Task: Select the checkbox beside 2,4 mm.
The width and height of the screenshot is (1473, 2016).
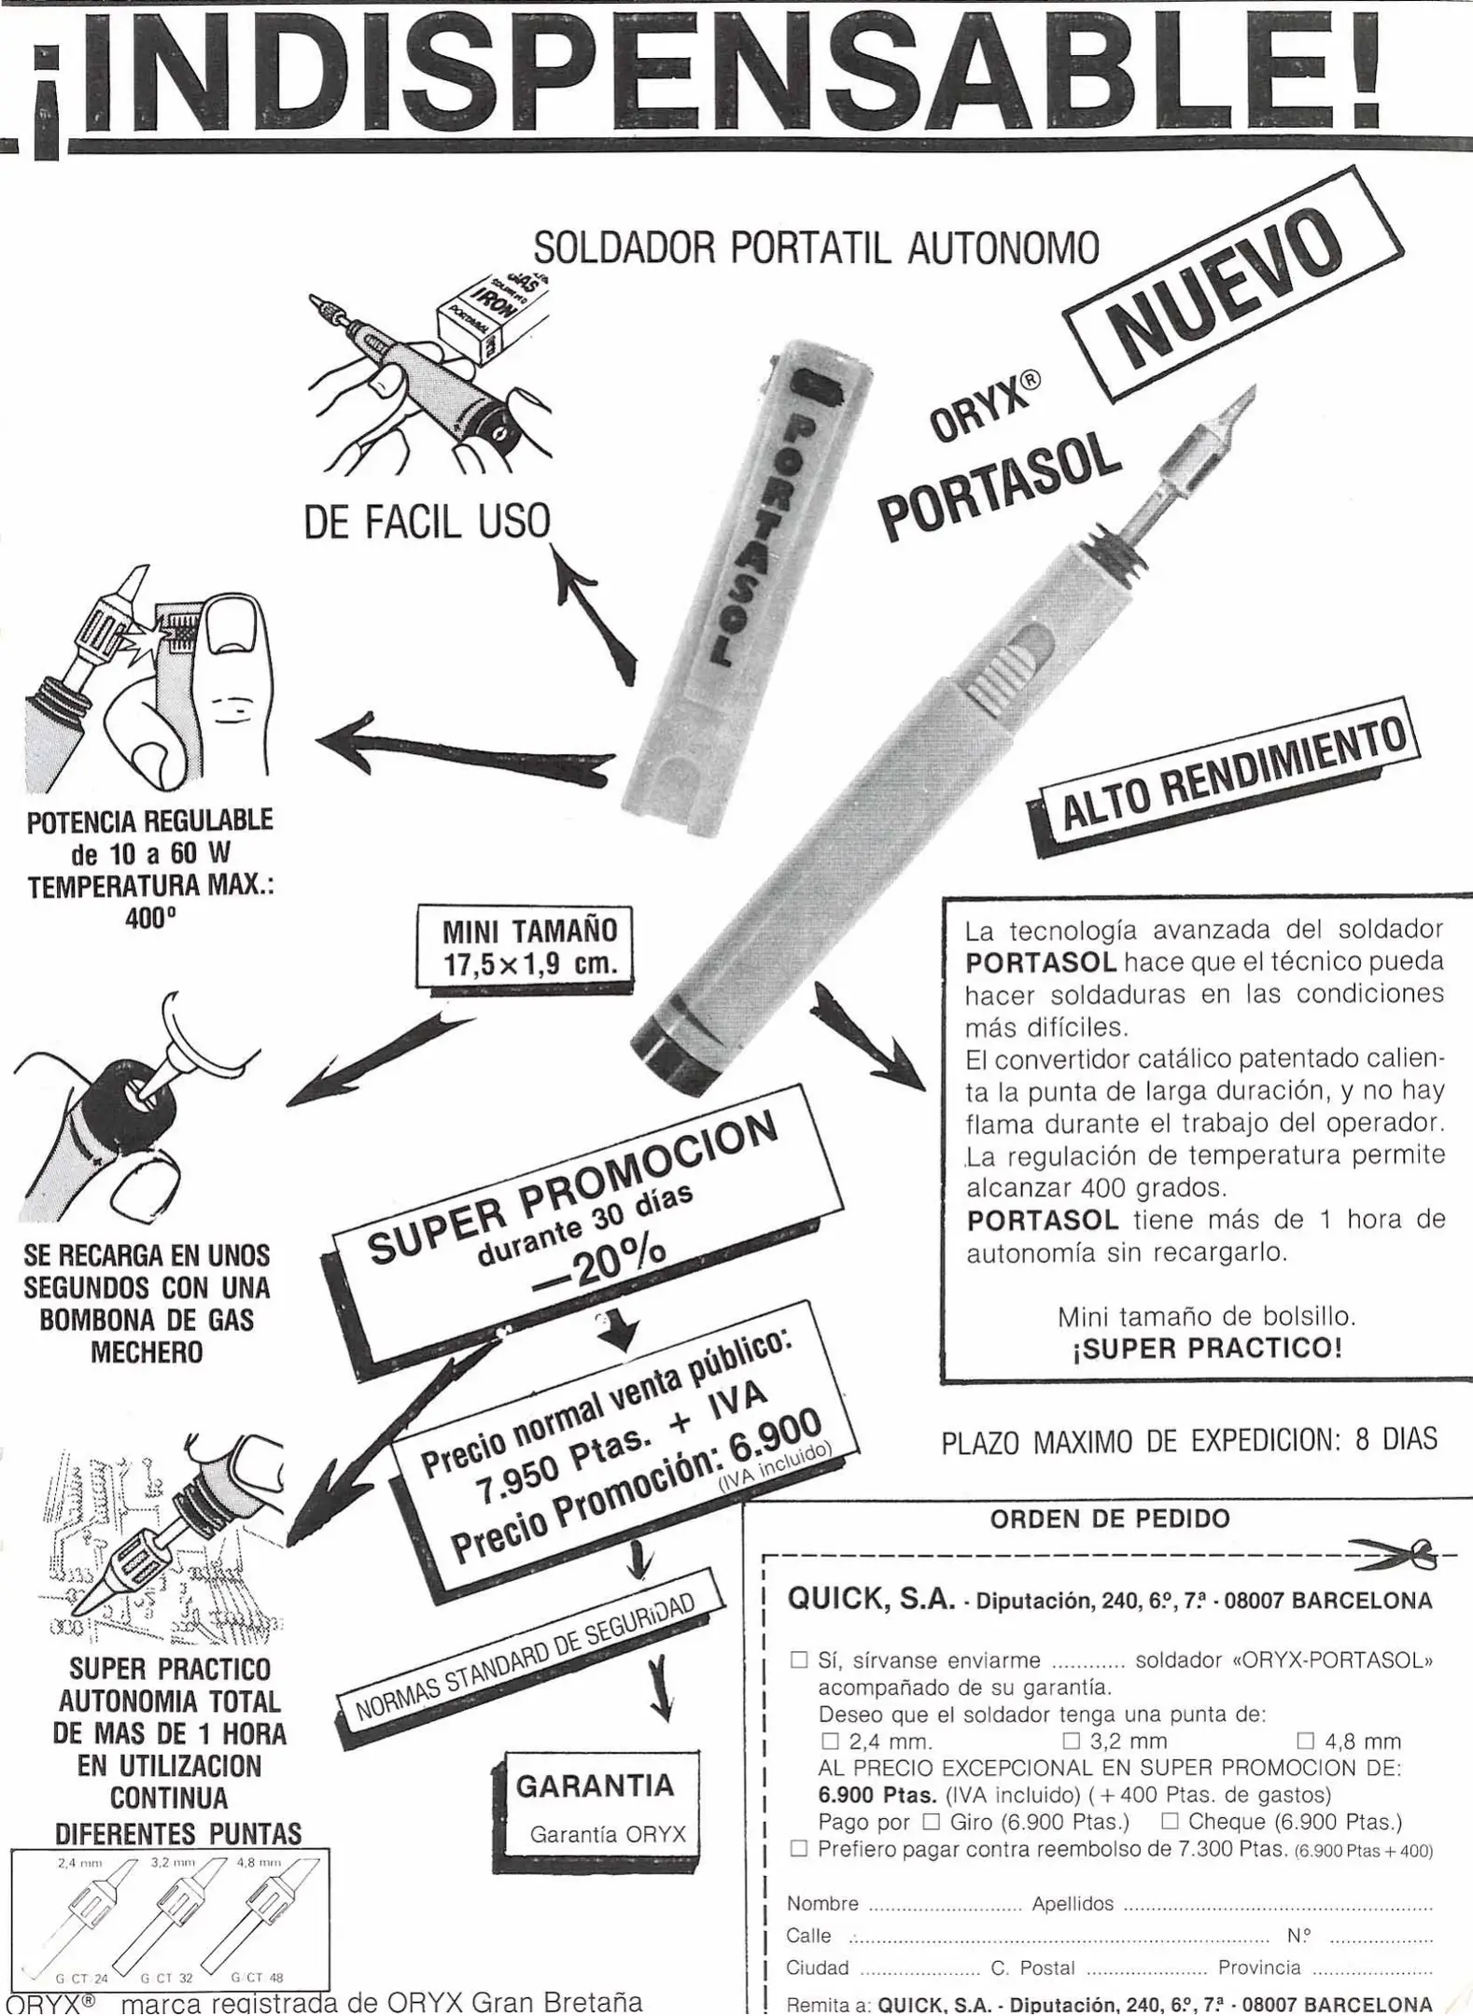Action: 830,1741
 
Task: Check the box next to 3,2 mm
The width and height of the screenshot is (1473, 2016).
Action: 1071,1741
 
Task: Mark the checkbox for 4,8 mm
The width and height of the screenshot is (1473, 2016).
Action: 1305,1741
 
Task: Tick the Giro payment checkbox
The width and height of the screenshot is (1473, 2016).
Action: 931,1821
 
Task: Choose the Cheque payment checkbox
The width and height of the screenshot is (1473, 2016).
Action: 1169,1821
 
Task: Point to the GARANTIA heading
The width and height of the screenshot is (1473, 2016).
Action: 595,1785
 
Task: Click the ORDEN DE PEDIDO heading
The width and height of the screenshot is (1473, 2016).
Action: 1110,1519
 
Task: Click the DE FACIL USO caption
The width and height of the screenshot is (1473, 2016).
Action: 427,521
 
